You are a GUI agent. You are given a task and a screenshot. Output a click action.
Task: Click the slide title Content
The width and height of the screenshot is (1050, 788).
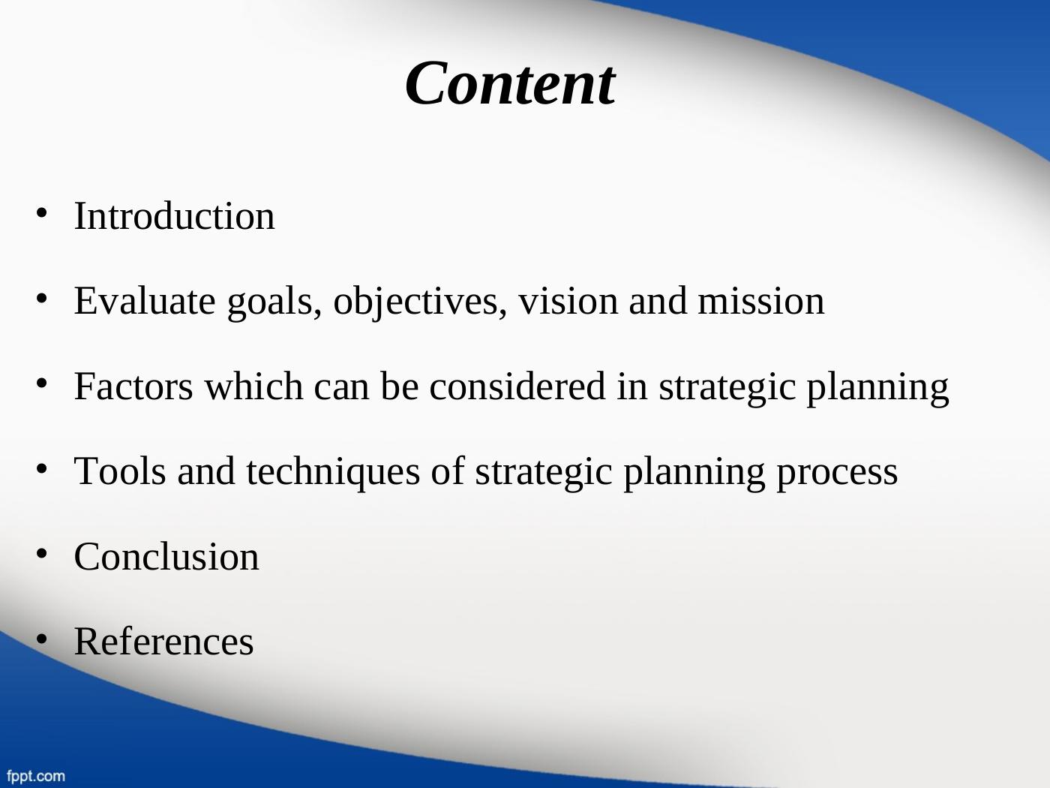coord(510,83)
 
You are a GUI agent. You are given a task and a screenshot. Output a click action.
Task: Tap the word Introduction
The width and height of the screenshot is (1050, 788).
coord(174,216)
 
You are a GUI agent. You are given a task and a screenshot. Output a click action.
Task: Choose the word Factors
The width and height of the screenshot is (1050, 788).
coord(133,386)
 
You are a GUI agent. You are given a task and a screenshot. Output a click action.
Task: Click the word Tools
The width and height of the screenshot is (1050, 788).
coord(120,471)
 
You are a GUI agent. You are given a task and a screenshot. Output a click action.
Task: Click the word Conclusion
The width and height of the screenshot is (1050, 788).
coord(166,557)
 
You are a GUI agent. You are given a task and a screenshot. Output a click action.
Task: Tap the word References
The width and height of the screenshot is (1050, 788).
coord(163,642)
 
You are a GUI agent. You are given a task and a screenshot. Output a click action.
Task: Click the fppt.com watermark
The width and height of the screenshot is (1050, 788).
coord(35,776)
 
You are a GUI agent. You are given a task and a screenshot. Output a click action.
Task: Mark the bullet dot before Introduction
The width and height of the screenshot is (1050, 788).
coord(41,213)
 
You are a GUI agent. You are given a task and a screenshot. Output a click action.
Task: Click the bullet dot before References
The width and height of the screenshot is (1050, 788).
coord(41,639)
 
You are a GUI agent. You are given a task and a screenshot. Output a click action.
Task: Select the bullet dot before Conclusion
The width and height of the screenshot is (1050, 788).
coord(41,554)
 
